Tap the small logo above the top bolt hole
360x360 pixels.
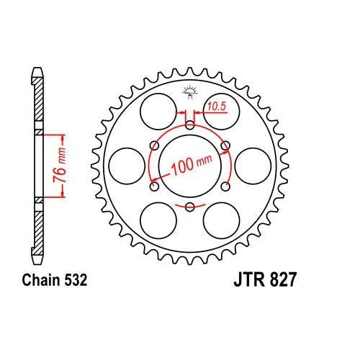pos(190,91)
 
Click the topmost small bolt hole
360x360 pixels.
pos(189,125)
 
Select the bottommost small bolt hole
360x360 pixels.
pos(189,207)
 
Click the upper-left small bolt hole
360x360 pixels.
pos(154,146)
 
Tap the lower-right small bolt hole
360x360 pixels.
pos(225,187)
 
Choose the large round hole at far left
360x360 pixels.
pos(124,166)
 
